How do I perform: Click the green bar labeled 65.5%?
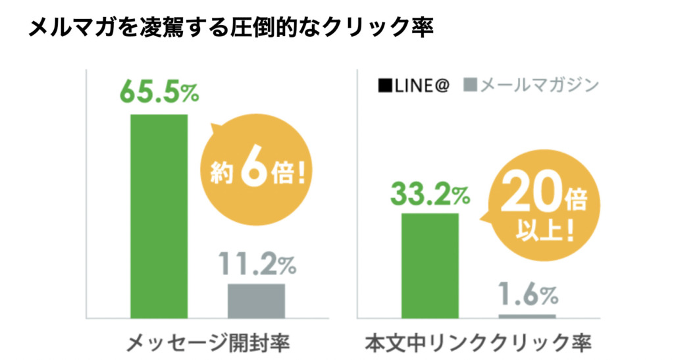coord(159,216)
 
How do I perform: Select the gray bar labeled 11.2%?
coord(256,301)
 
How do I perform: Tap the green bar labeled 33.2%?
coord(429,265)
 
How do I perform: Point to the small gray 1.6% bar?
coord(527,317)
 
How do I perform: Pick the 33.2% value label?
coord(430,193)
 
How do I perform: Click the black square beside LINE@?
coord(384,86)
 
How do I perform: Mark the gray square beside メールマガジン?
coord(470,86)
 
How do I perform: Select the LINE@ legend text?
coord(421,86)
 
